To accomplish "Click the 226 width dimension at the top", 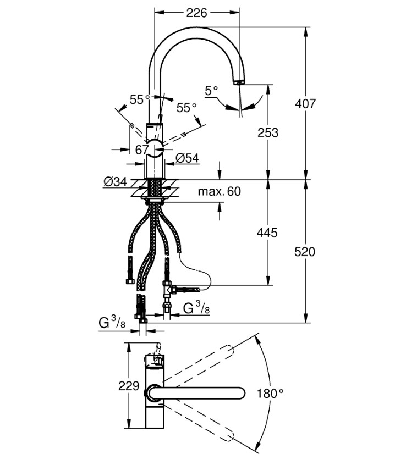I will [196, 12].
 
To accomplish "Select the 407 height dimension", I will [305, 103].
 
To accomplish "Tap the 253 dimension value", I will [268, 132].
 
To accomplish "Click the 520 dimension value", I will [305, 252].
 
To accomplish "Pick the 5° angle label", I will [211, 90].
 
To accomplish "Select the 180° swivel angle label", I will [270, 394].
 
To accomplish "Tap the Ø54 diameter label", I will [187, 158].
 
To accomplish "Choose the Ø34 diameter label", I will [114, 181].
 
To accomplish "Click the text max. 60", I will [220, 192].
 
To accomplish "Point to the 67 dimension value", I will [142, 149].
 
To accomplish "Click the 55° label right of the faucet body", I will [186, 108].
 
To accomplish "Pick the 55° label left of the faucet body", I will [140, 99].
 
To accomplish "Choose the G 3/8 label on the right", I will [196, 308].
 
